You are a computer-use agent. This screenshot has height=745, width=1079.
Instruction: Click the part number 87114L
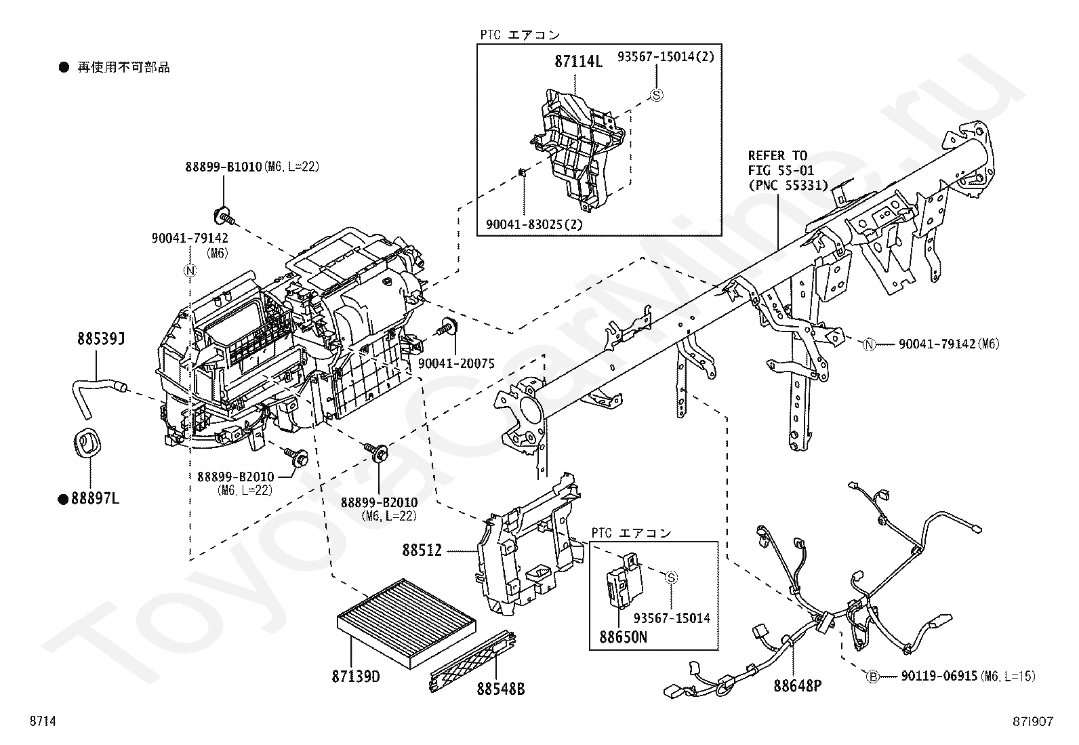click(x=578, y=62)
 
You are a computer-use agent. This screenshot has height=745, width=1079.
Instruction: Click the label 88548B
click(x=501, y=690)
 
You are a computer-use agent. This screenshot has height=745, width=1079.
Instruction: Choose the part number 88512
click(x=422, y=551)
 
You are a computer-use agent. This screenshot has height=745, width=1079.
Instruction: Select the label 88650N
click(x=623, y=637)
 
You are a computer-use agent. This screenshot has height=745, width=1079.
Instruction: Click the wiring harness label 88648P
click(x=797, y=686)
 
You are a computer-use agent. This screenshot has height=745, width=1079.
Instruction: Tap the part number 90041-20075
click(x=456, y=364)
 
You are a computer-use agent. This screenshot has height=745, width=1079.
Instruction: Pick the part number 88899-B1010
click(x=223, y=167)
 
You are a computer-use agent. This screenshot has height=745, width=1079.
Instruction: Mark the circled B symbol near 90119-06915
click(x=873, y=676)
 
